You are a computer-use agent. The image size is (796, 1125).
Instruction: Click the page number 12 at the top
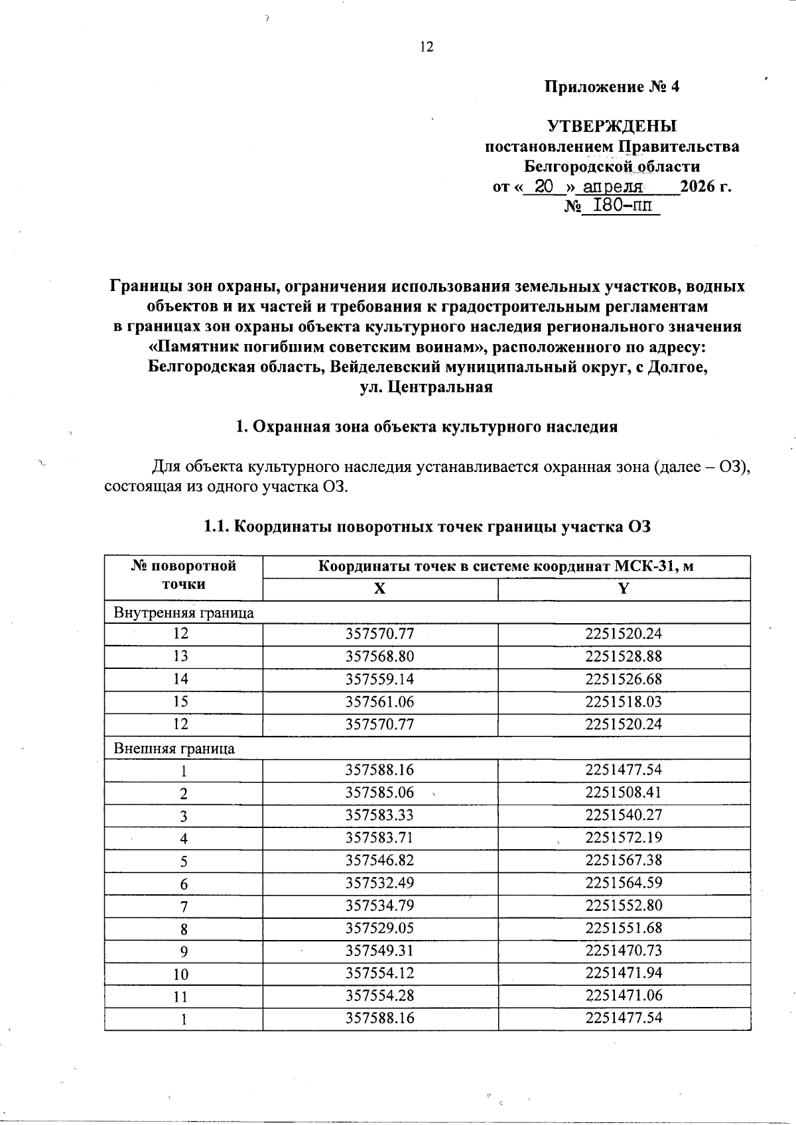[x=427, y=46]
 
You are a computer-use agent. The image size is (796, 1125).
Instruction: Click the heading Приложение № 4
[x=612, y=87]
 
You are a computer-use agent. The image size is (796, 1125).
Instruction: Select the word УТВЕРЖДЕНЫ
[x=612, y=126]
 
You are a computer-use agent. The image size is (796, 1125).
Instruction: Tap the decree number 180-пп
[x=620, y=206]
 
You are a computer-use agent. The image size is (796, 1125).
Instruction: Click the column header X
[x=379, y=589]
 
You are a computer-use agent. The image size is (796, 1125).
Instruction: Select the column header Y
[x=624, y=589]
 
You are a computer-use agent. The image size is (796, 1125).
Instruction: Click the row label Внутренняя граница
[x=184, y=613]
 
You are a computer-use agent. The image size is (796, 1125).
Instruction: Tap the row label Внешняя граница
[x=174, y=748]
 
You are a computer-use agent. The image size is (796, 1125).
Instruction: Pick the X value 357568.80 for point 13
[x=379, y=656]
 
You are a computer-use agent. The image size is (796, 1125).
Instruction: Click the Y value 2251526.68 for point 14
[x=624, y=679]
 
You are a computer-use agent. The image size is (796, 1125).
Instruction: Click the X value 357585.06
[x=379, y=793]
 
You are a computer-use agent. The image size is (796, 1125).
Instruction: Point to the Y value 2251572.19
[x=624, y=837]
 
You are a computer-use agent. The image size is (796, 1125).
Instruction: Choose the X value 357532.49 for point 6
[x=379, y=883]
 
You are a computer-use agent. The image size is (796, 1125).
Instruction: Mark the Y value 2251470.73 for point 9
[x=624, y=951]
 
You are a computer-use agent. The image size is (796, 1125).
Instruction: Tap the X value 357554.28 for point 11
[x=379, y=995]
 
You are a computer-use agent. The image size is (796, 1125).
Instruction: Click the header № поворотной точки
[x=184, y=575]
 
